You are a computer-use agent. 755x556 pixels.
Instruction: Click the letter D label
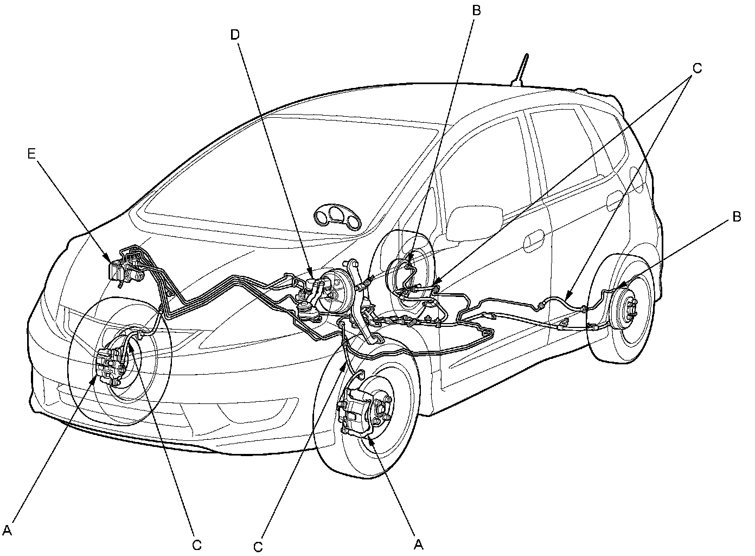(x=234, y=35)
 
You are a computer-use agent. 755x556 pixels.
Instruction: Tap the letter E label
(x=31, y=154)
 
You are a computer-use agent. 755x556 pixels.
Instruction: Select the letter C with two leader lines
(x=697, y=68)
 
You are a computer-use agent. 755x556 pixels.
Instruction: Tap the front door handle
(x=534, y=239)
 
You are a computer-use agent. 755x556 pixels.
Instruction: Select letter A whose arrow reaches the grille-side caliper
(x=7, y=528)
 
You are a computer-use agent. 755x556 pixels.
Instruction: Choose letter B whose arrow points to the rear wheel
(x=736, y=216)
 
